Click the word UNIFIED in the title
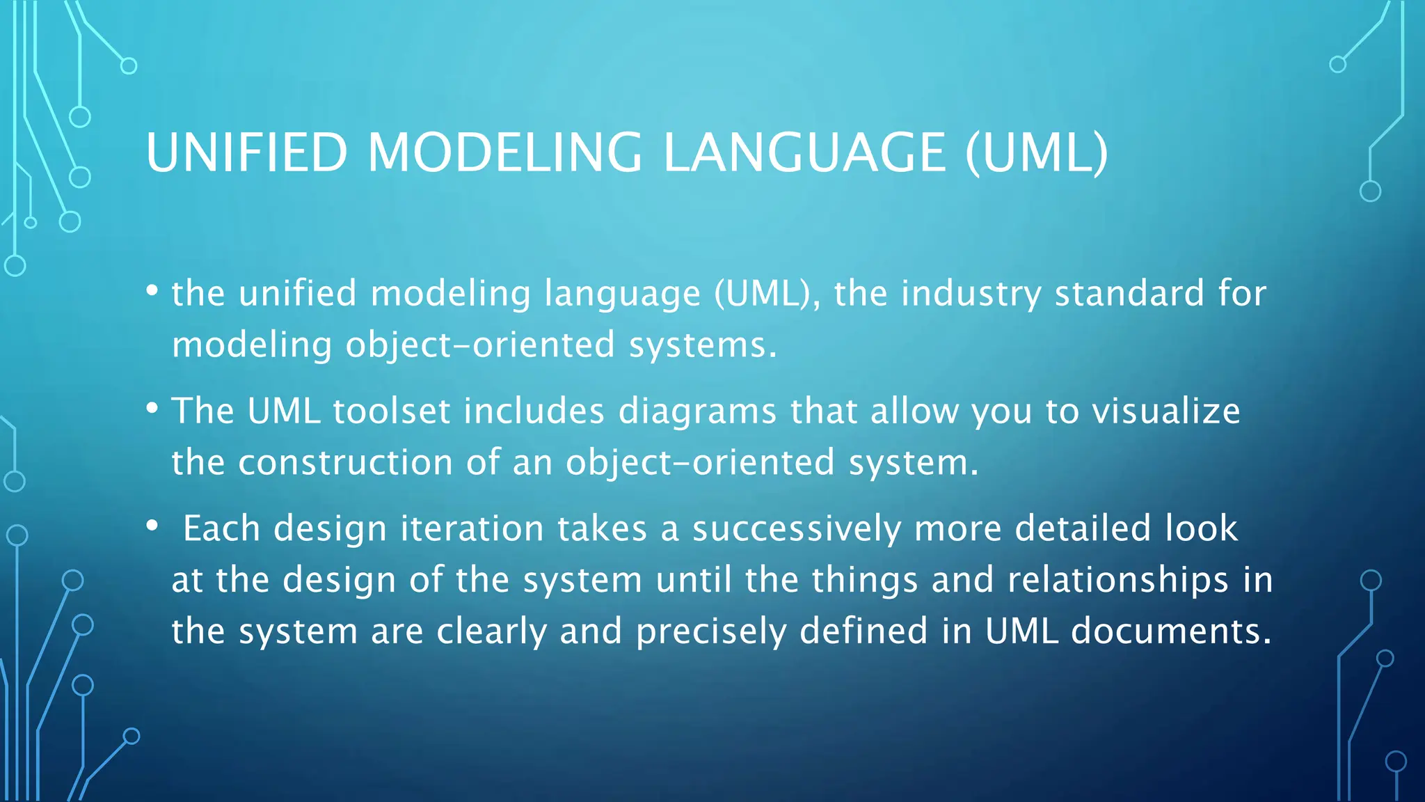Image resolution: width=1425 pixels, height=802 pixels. coord(246,152)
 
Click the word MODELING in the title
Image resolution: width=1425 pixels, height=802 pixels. coord(504,152)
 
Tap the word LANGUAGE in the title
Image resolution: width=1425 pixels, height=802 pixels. coord(804,152)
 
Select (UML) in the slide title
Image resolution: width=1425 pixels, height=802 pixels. coord(1036,152)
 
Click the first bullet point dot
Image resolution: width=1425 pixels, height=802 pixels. coord(152,290)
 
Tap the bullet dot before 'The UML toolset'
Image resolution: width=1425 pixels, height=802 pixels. coord(152,408)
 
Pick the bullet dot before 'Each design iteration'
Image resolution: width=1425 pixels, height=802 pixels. coord(152,526)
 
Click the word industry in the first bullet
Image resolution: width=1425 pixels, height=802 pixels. coord(971,293)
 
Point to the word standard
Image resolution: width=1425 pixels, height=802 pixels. coord(1129,293)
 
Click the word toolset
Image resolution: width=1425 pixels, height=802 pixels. coord(391,411)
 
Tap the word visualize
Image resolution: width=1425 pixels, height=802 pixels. coord(1165,411)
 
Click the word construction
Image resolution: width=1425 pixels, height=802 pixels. coord(345,462)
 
